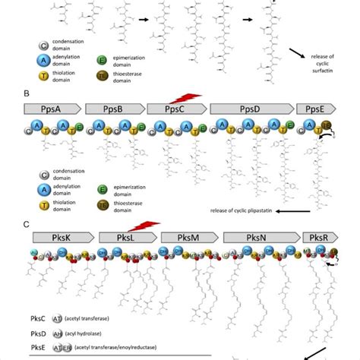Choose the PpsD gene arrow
point(250,109)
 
